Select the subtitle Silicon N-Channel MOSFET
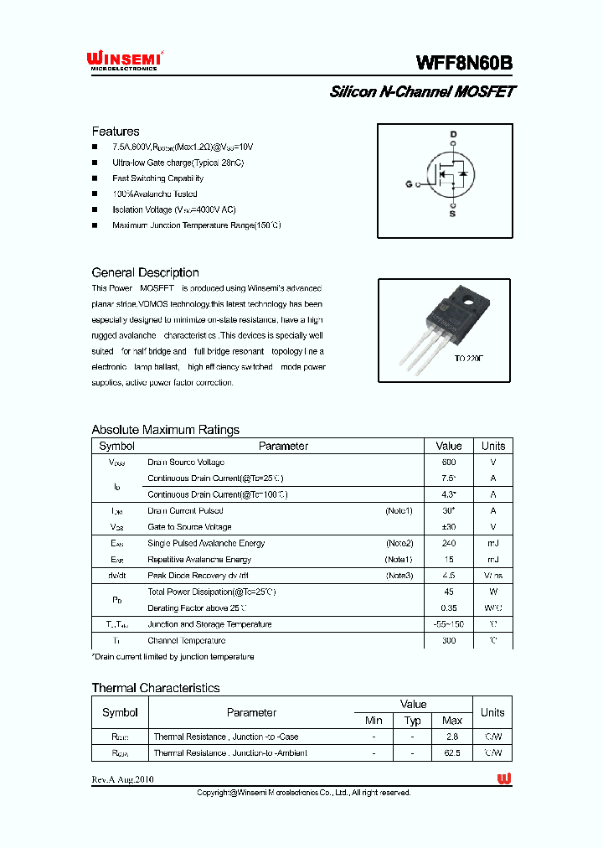[422, 92]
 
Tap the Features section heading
[116, 132]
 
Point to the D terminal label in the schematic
[453, 135]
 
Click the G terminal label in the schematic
[409, 184]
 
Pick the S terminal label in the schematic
[453, 215]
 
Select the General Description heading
[145, 272]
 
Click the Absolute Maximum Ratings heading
[165, 430]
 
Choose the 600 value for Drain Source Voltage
[449, 463]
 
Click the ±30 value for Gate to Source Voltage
[449, 527]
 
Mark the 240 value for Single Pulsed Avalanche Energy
[449, 544]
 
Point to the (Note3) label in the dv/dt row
[399, 576]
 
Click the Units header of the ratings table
[493, 446]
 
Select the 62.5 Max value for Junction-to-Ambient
[452, 752]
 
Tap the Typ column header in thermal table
[413, 721]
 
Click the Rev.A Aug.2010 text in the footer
[123, 779]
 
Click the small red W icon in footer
[504, 779]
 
